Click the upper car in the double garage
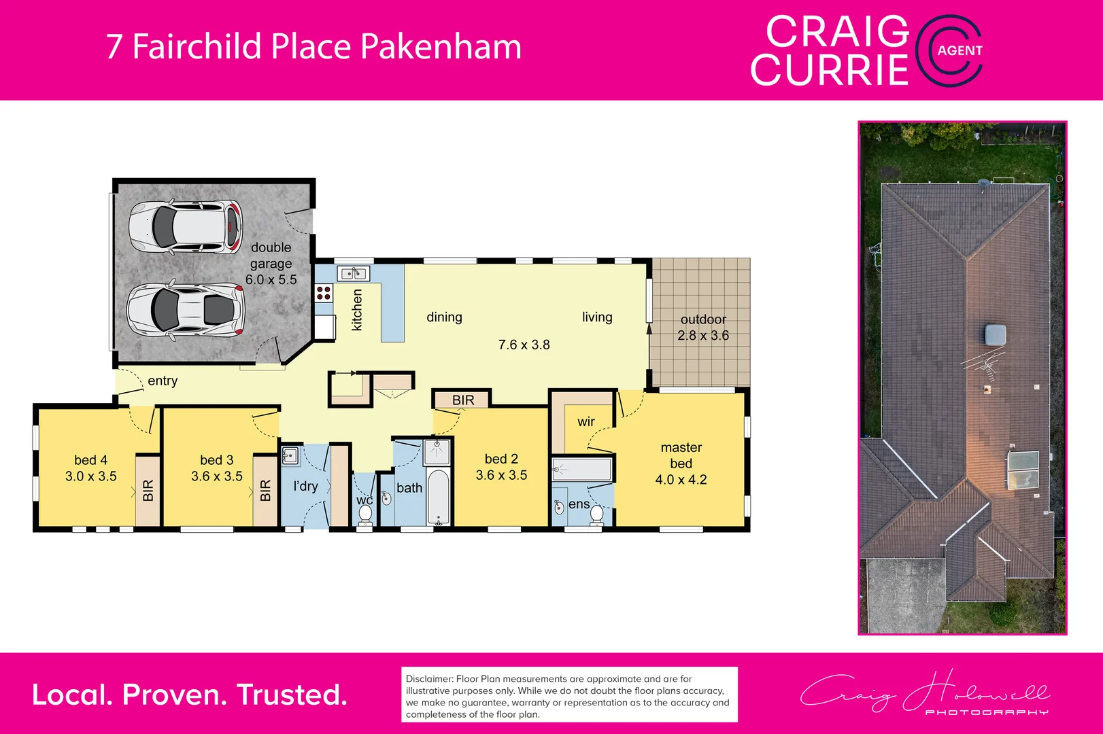tap(185, 226)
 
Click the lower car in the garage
tap(185, 309)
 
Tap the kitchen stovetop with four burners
tap(324, 293)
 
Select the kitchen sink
tap(354, 274)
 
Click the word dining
tap(444, 317)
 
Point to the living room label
tap(597, 317)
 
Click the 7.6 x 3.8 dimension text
tap(524, 345)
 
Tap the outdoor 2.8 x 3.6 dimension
tap(703, 336)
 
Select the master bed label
tap(681, 455)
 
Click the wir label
tap(586, 422)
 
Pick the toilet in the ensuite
tap(596, 514)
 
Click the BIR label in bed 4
tap(148, 490)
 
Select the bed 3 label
tap(216, 460)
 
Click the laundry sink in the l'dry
tap(290, 455)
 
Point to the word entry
tap(163, 381)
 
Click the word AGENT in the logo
tap(960, 50)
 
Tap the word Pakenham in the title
tap(441, 46)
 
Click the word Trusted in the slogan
tap(292, 695)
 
